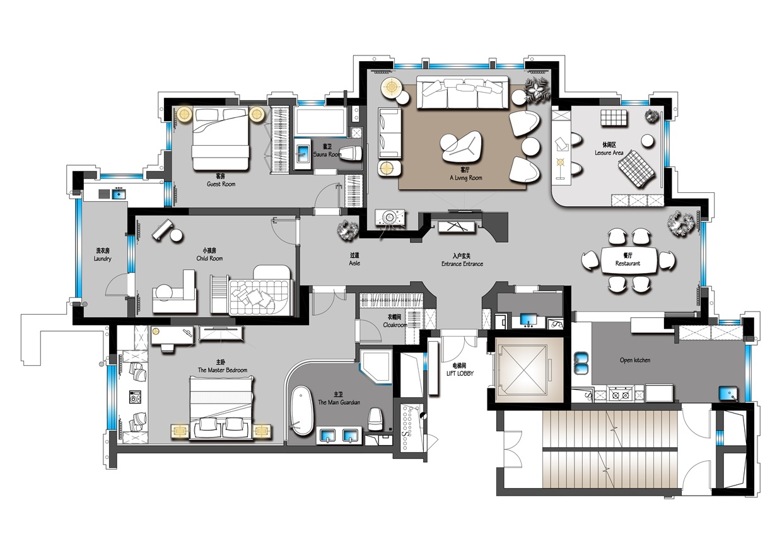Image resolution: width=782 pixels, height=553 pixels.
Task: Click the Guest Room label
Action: coord(221,184)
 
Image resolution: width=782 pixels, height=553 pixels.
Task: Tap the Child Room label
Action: coord(209,259)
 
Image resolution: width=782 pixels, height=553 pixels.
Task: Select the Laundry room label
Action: coord(102,259)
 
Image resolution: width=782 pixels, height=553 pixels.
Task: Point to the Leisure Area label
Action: coord(609,153)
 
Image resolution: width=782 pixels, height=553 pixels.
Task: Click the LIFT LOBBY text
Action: coord(460,373)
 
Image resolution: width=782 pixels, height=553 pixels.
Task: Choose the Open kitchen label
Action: coord(635,360)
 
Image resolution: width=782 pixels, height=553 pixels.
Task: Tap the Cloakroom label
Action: coord(395,325)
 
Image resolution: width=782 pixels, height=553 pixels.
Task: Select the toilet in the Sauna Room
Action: coord(350,154)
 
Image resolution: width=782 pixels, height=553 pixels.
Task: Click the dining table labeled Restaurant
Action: coord(627,260)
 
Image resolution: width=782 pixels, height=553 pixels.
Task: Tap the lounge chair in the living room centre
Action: coord(461,148)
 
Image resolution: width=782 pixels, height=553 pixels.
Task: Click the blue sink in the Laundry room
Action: coord(119,194)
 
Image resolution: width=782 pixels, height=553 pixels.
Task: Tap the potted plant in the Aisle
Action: coord(348,230)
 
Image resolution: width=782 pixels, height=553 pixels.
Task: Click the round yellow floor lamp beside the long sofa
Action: coord(392,86)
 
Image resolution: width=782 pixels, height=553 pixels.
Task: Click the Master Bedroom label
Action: coord(223,370)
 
